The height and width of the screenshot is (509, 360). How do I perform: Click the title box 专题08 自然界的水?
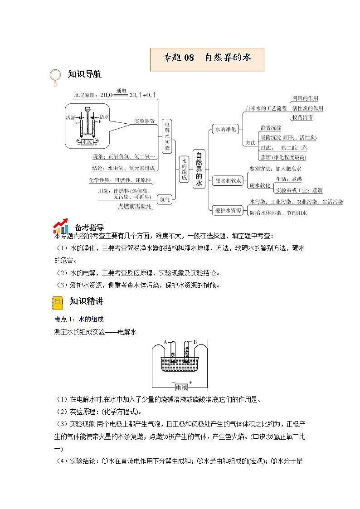point(207,58)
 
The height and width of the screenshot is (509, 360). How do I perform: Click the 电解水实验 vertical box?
point(167,136)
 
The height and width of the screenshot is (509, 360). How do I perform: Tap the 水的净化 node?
point(224,129)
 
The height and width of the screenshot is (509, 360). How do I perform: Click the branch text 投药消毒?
point(302,117)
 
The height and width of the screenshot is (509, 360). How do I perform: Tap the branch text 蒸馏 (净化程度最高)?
point(283,157)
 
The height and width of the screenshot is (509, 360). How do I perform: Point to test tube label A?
point(166,342)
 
